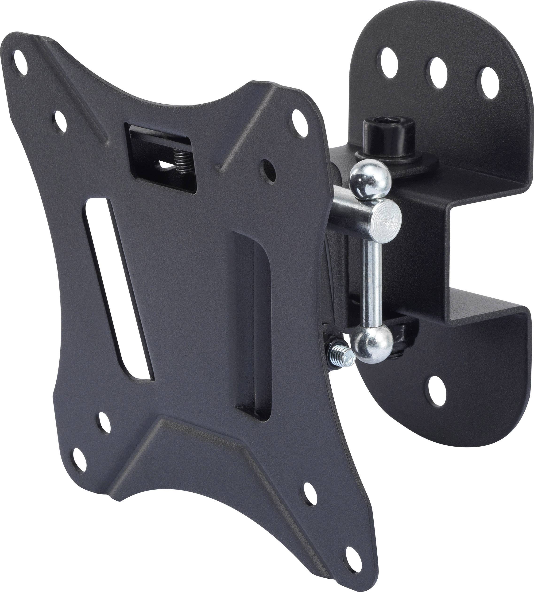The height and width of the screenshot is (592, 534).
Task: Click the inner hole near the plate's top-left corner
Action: pyautogui.click(x=59, y=119)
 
